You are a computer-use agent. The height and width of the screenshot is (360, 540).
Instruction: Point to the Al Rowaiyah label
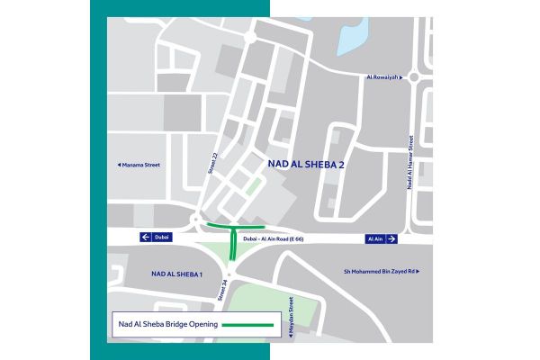tap(381, 77)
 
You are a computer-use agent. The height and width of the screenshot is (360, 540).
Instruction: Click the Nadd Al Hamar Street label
tap(409, 163)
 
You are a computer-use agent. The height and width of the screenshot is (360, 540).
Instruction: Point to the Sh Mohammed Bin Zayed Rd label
tap(379, 271)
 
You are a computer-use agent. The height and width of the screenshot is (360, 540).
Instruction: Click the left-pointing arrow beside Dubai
tap(144, 238)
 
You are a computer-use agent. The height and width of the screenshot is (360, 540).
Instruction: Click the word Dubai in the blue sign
tap(161, 238)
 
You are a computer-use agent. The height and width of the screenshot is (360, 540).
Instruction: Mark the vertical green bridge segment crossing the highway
tap(233, 244)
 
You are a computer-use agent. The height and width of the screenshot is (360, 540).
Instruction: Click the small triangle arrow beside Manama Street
tap(121, 166)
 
